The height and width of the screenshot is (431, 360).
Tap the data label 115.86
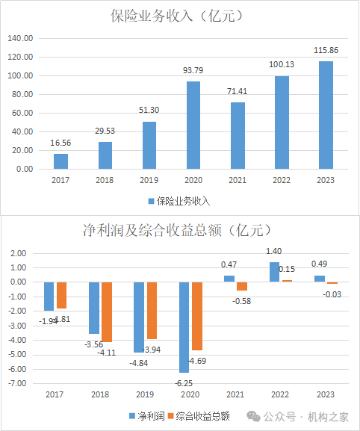[x=325, y=50]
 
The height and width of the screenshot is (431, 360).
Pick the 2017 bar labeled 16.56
[x=60, y=161]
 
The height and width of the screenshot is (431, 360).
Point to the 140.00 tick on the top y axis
[x=22, y=38]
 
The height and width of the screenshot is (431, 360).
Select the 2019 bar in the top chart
[x=149, y=146]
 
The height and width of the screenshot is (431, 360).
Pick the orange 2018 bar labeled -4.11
[x=107, y=311]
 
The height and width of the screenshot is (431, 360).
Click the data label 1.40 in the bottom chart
[x=273, y=252]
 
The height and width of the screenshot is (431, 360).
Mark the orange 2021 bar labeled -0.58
[x=242, y=286]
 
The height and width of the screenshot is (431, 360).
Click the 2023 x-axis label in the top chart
[x=325, y=180]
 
